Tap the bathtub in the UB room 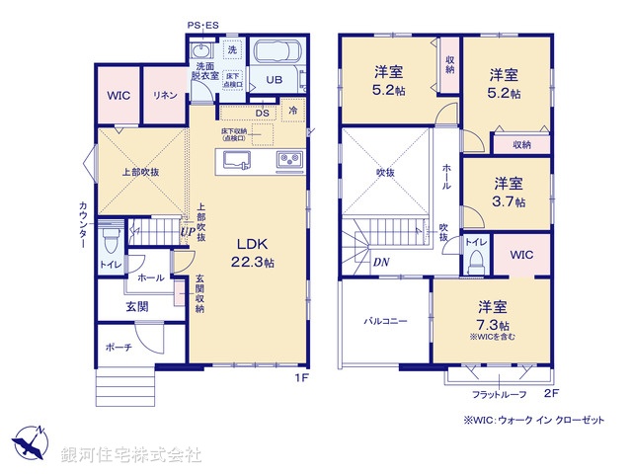(x=279, y=53)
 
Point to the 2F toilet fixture (x=475, y=257)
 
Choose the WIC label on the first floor (x=118, y=96)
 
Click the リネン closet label (x=164, y=96)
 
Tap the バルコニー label (x=385, y=321)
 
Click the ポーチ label (x=118, y=347)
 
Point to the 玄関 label (x=136, y=307)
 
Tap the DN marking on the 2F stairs (x=380, y=262)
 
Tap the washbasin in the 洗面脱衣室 (x=201, y=50)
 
